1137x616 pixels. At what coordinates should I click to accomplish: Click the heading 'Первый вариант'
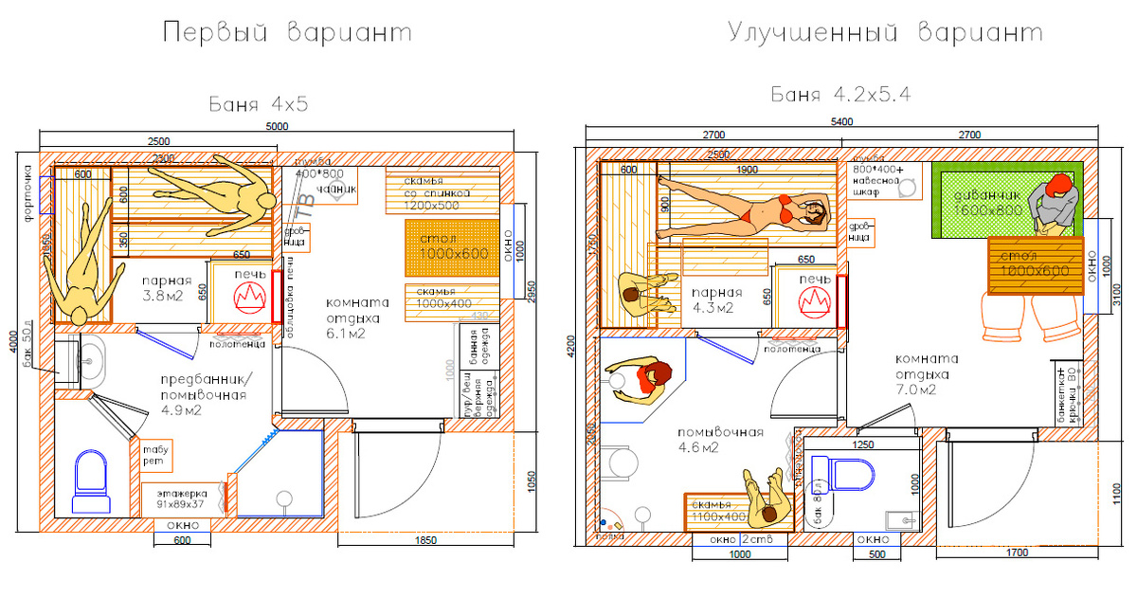(x=287, y=34)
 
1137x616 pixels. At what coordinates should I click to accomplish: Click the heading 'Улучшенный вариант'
(x=885, y=34)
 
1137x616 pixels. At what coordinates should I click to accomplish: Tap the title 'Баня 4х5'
(x=259, y=103)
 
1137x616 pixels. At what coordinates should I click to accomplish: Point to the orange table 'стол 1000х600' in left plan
(x=452, y=248)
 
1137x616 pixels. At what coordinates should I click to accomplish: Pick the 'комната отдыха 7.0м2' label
(x=925, y=373)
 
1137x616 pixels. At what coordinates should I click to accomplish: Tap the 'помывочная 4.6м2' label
(x=720, y=440)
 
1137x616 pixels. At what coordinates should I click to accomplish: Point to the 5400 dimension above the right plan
(x=841, y=122)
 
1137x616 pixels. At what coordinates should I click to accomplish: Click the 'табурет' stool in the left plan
(x=153, y=455)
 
